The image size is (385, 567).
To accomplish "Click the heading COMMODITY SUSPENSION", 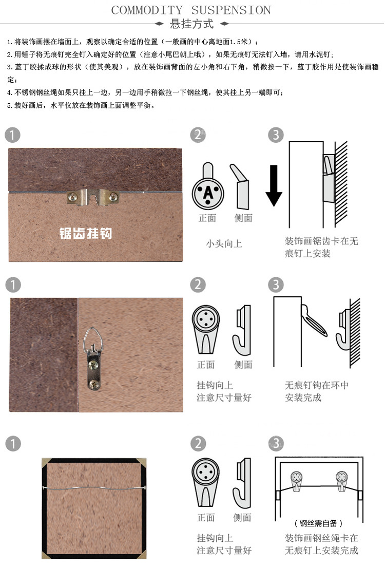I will pyautogui.click(x=191, y=10).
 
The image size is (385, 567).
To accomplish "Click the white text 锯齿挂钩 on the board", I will pyautogui.click(x=85, y=234).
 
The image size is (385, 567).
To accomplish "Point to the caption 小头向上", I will pyautogui.click(x=224, y=243).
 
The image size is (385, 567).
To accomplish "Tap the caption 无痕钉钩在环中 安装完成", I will pyautogui.click(x=317, y=391).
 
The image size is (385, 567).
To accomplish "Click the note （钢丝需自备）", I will pyautogui.click(x=318, y=523).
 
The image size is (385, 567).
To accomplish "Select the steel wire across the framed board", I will pyautogui.click(x=95, y=487).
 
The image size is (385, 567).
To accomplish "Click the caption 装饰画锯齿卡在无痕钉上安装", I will pyautogui.click(x=321, y=247).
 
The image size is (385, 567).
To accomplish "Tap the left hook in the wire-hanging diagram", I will pyautogui.click(x=297, y=479).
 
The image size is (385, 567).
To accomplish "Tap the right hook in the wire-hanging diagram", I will pyautogui.click(x=342, y=479).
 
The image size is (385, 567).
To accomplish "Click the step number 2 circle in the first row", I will pyautogui.click(x=198, y=135).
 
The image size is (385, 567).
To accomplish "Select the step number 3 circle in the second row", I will pyautogui.click(x=276, y=285).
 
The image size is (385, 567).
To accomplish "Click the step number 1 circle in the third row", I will pyautogui.click(x=12, y=443).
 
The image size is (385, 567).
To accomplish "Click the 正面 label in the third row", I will pyautogui.click(x=206, y=517).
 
